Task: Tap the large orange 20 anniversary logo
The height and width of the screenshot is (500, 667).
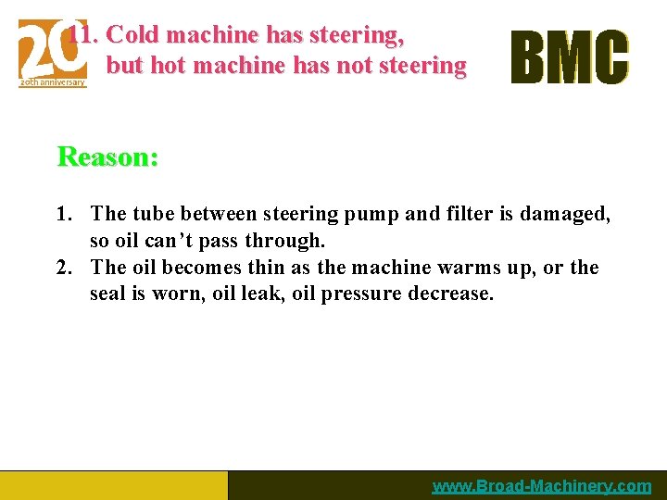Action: (x=53, y=53)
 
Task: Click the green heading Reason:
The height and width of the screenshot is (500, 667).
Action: (x=107, y=156)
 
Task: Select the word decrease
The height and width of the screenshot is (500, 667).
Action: (x=455, y=294)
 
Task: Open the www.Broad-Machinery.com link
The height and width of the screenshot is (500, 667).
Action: (x=541, y=486)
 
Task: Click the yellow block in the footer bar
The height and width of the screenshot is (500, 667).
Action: (x=113, y=485)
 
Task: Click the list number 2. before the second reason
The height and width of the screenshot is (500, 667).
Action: (x=64, y=268)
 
